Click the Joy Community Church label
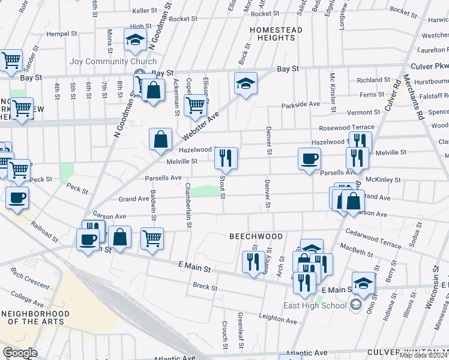click(x=113, y=61)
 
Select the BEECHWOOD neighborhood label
click(x=256, y=236)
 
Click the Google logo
click(x=19, y=353)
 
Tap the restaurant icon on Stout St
click(x=226, y=158)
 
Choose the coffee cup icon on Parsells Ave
click(x=310, y=159)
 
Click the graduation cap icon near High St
click(x=136, y=40)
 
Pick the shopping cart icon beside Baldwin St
click(x=152, y=238)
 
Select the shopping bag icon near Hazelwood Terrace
click(x=161, y=139)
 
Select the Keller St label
click(x=144, y=11)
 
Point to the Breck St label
click(x=205, y=287)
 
